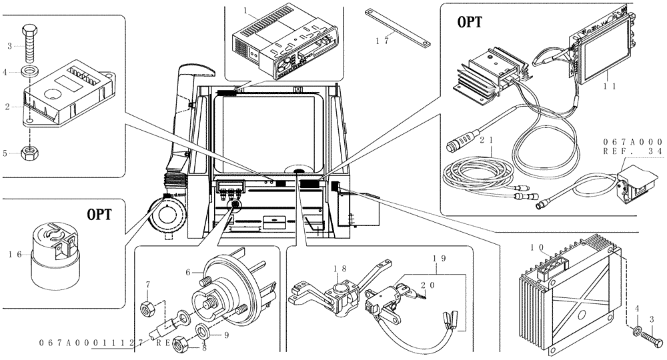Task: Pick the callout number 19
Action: (438, 257)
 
